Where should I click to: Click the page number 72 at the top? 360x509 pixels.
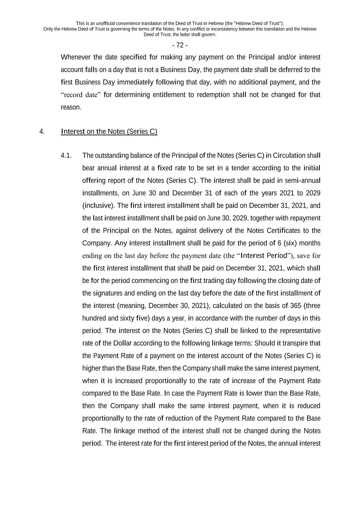(180, 45)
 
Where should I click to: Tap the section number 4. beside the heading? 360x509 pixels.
(42, 132)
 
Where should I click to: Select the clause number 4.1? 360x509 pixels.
(66, 155)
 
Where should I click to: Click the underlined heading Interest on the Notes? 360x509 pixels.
(109, 132)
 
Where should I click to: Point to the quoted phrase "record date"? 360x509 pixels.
(81, 95)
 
